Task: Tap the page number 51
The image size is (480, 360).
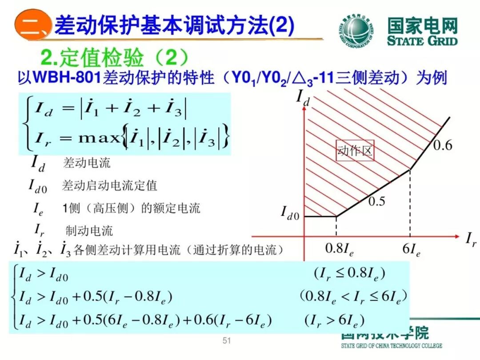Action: tap(227, 341)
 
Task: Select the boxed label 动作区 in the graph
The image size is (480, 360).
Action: tap(354, 152)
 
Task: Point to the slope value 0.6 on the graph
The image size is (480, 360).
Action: tap(442, 145)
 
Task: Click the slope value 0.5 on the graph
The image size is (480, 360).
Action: tap(376, 201)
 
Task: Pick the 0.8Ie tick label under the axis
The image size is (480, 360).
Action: tap(339, 249)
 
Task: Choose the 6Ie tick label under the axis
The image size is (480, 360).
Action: tap(411, 249)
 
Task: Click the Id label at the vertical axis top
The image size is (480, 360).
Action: tap(303, 96)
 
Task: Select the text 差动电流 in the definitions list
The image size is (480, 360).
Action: tap(87, 163)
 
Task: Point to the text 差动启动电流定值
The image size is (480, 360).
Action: tap(109, 185)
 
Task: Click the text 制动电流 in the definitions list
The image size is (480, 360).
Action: tap(89, 230)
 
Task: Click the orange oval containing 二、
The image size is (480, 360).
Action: tap(33, 26)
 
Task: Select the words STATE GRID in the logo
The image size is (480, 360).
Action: tap(422, 41)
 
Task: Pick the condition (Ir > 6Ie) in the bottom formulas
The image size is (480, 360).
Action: tap(334, 320)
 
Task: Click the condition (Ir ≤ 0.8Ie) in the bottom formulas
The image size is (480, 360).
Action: tap(349, 273)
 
